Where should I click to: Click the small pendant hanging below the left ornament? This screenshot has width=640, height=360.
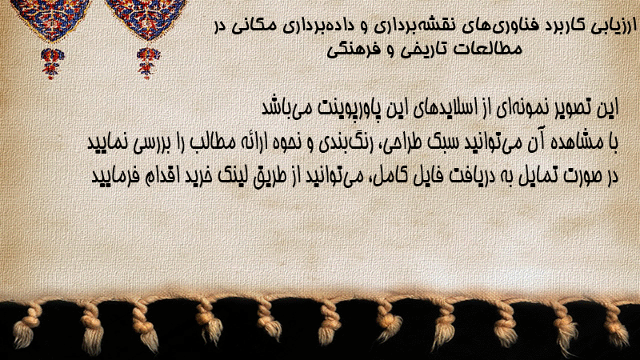(52, 63)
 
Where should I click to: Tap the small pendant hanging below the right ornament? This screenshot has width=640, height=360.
(148, 63)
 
